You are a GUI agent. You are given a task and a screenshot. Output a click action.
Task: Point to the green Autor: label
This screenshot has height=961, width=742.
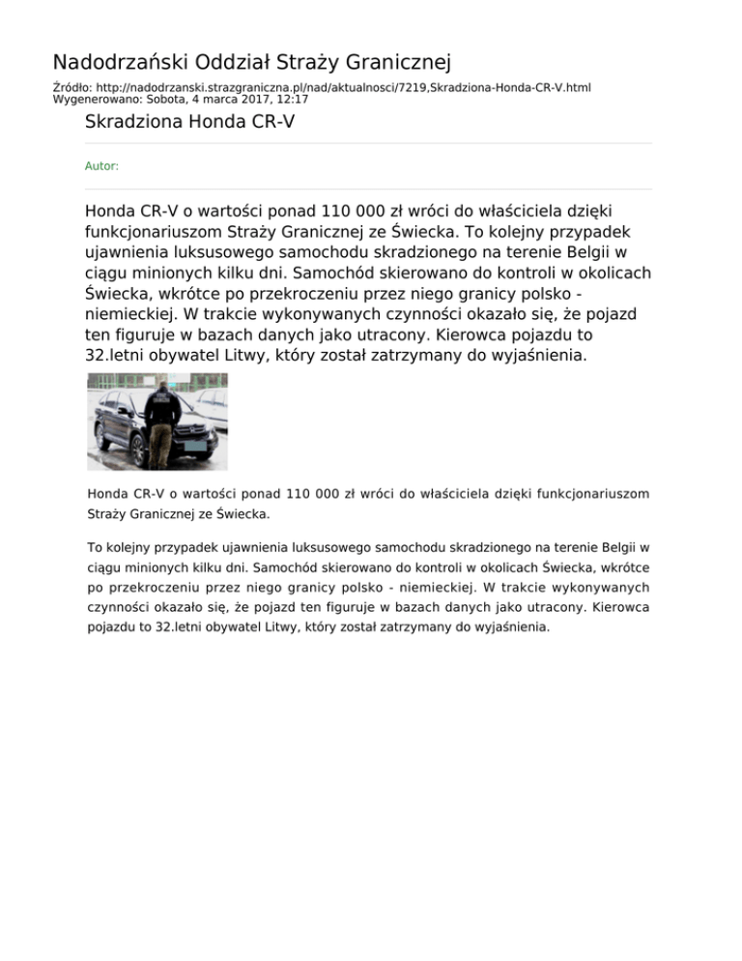pos(101,166)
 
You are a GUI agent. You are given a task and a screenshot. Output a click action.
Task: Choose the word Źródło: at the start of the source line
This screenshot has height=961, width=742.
pos(71,87)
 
